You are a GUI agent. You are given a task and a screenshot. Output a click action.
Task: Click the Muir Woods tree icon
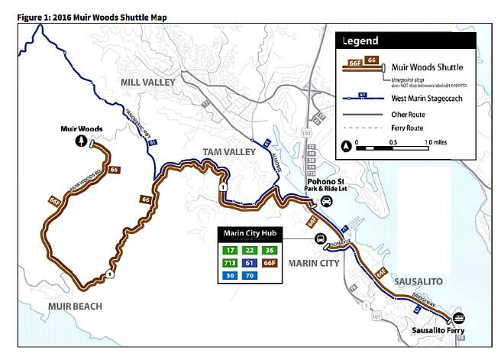[x=81, y=141]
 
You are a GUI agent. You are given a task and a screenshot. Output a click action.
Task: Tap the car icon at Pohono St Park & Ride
[x=326, y=201]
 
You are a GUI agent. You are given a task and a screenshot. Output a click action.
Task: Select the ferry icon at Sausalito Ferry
[x=459, y=318]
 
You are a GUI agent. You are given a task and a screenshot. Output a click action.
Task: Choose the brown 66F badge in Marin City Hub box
[x=270, y=262]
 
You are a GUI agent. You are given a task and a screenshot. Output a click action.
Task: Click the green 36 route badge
[x=270, y=250]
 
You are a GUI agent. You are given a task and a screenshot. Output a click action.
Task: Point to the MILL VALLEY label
[x=147, y=82]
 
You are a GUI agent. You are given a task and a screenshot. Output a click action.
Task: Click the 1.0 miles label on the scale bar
[x=438, y=142]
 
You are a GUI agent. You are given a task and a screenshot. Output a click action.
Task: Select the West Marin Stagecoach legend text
[x=424, y=98]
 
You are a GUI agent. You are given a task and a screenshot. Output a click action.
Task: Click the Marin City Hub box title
[x=249, y=232]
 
